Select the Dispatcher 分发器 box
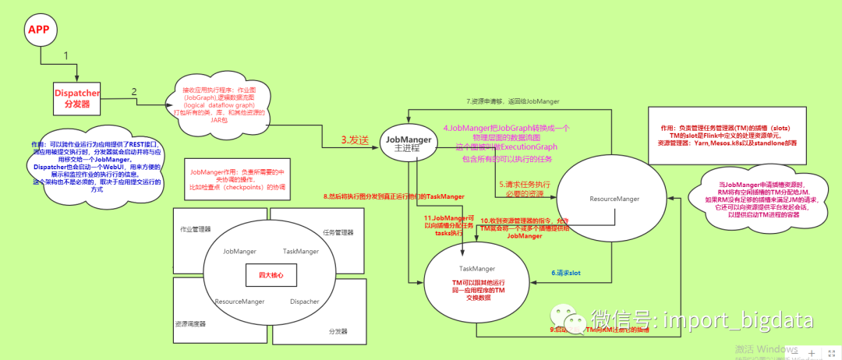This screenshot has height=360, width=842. click(x=78, y=98)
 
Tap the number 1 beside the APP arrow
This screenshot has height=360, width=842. click(x=66, y=56)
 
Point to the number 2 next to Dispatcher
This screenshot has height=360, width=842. click(x=134, y=92)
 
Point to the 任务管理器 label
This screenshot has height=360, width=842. click(x=338, y=233)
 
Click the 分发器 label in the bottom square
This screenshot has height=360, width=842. click(x=338, y=332)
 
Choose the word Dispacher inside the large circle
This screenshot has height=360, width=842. click(x=304, y=301)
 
